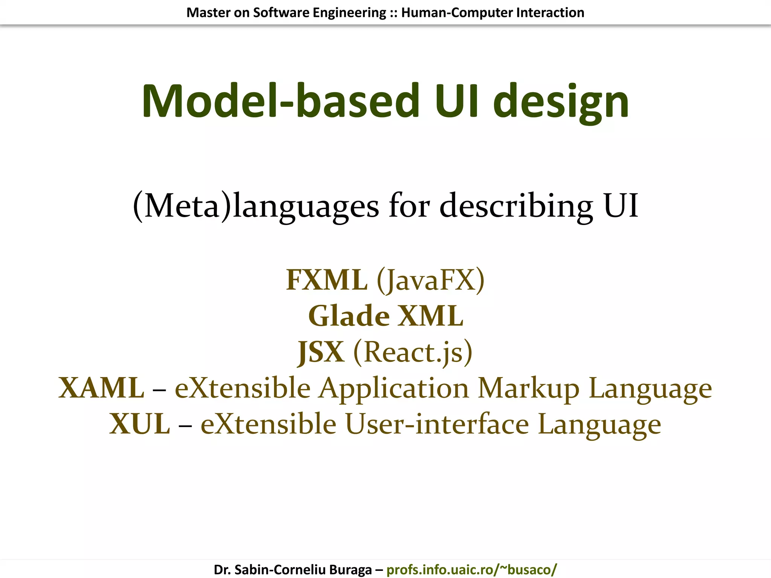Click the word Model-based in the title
tap(280, 101)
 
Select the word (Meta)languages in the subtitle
tap(256, 206)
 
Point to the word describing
tap(516, 206)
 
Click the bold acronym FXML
tap(326, 280)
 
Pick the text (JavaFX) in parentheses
tap(431, 281)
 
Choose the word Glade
tap(349, 316)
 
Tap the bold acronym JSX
tap(321, 352)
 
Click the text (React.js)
tap(413, 352)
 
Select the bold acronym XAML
tap(101, 388)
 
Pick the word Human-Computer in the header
tap(457, 13)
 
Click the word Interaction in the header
tap(550, 13)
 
